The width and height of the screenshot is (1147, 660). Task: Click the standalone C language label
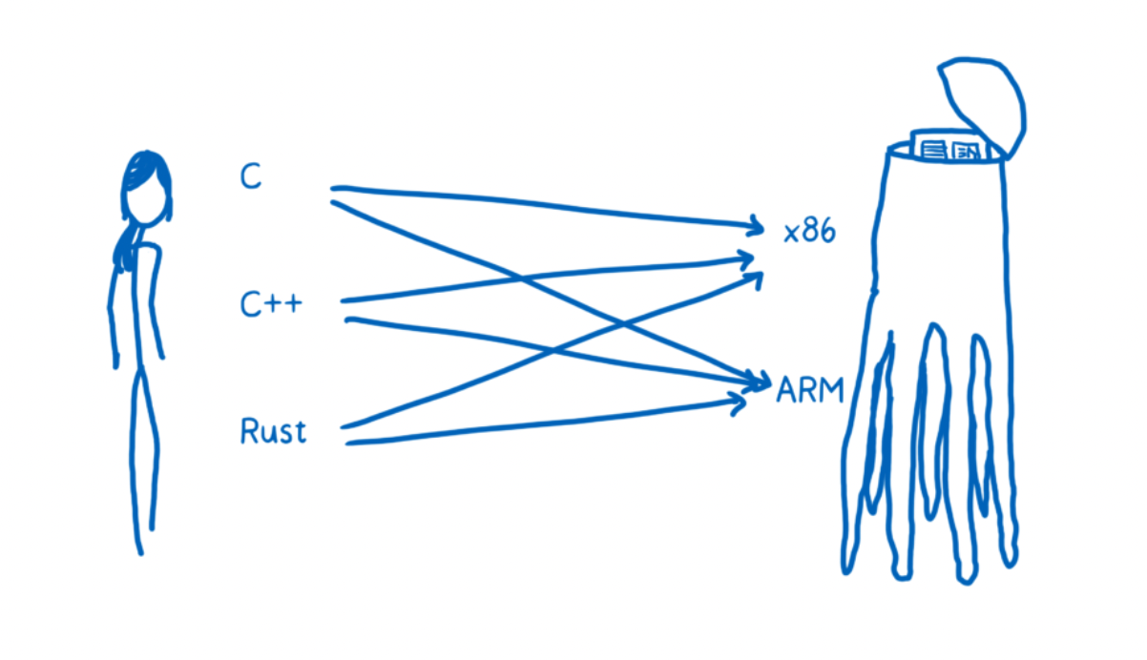click(250, 176)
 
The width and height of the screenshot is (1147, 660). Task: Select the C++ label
click(271, 305)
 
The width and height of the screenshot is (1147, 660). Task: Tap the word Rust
click(273, 431)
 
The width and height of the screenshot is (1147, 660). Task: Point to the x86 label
click(809, 232)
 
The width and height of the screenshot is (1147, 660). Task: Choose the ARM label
click(810, 389)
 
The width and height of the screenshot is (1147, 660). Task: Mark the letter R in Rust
click(250, 431)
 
